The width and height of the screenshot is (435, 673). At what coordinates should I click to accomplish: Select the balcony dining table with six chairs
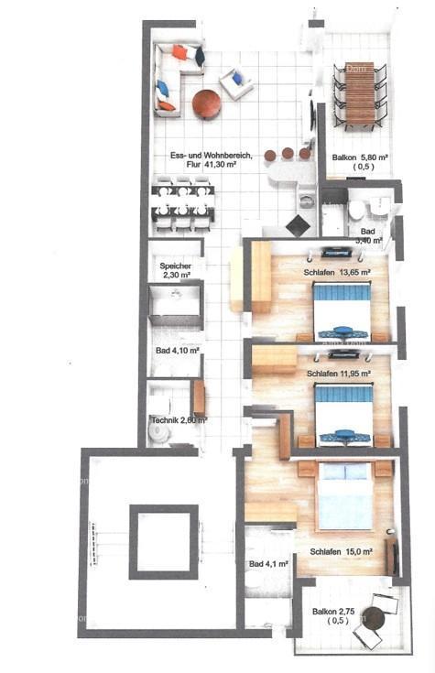point(359,94)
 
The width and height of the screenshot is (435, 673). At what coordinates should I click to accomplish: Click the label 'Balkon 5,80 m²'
point(360,157)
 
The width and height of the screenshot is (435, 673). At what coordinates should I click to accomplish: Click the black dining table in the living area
point(183,204)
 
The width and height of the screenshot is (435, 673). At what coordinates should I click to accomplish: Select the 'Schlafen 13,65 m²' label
point(337,272)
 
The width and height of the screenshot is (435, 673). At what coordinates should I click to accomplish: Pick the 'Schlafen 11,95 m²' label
point(339,374)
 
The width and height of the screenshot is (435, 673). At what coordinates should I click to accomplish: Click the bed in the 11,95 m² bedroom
point(343,410)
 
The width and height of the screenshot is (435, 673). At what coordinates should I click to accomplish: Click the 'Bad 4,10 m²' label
point(177,350)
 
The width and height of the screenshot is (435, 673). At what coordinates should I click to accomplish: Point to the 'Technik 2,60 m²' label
point(178,420)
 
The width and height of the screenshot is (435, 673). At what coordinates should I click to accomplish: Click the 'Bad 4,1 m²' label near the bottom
point(269,564)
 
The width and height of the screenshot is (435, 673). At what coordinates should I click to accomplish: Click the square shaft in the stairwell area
point(162,541)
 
